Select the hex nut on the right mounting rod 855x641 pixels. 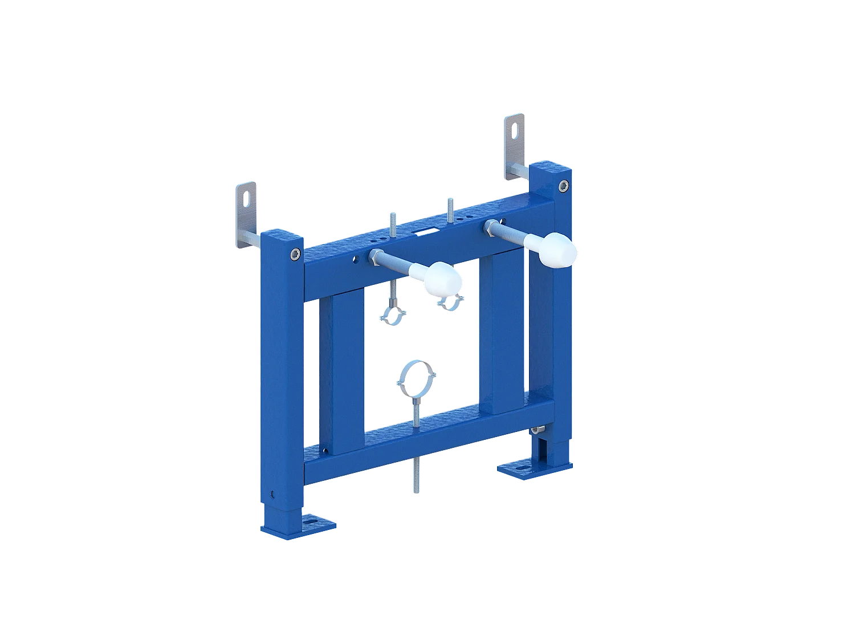point(489,226)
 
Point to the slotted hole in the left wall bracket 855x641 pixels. point(247,198)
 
